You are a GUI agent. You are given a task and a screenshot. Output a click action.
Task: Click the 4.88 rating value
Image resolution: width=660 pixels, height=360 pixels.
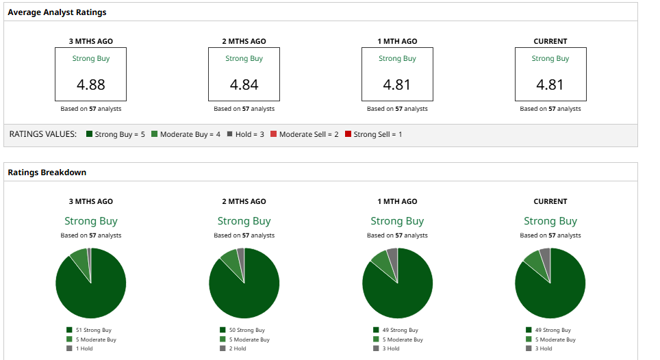tap(91, 85)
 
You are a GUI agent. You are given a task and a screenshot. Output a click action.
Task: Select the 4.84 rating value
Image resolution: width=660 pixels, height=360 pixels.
tap(244, 85)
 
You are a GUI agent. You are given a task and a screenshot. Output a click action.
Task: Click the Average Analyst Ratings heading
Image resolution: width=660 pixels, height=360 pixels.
tap(57, 12)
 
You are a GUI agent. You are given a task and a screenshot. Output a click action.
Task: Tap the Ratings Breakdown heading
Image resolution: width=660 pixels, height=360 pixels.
tap(47, 172)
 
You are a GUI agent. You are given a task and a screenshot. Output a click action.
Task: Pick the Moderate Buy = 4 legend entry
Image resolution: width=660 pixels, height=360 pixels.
tap(186, 134)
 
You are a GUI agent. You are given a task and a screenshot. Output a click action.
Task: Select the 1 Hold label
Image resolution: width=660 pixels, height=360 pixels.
tap(84, 348)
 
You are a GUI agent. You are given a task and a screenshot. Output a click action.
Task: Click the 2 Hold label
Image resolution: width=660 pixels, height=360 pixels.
tap(237, 348)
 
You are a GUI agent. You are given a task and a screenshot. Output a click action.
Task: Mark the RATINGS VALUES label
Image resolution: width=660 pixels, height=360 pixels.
tap(42, 134)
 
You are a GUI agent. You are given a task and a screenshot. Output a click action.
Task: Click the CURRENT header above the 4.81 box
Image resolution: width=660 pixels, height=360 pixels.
tap(550, 41)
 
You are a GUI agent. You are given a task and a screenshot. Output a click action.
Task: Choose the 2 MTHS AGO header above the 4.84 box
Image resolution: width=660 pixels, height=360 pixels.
tap(244, 41)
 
